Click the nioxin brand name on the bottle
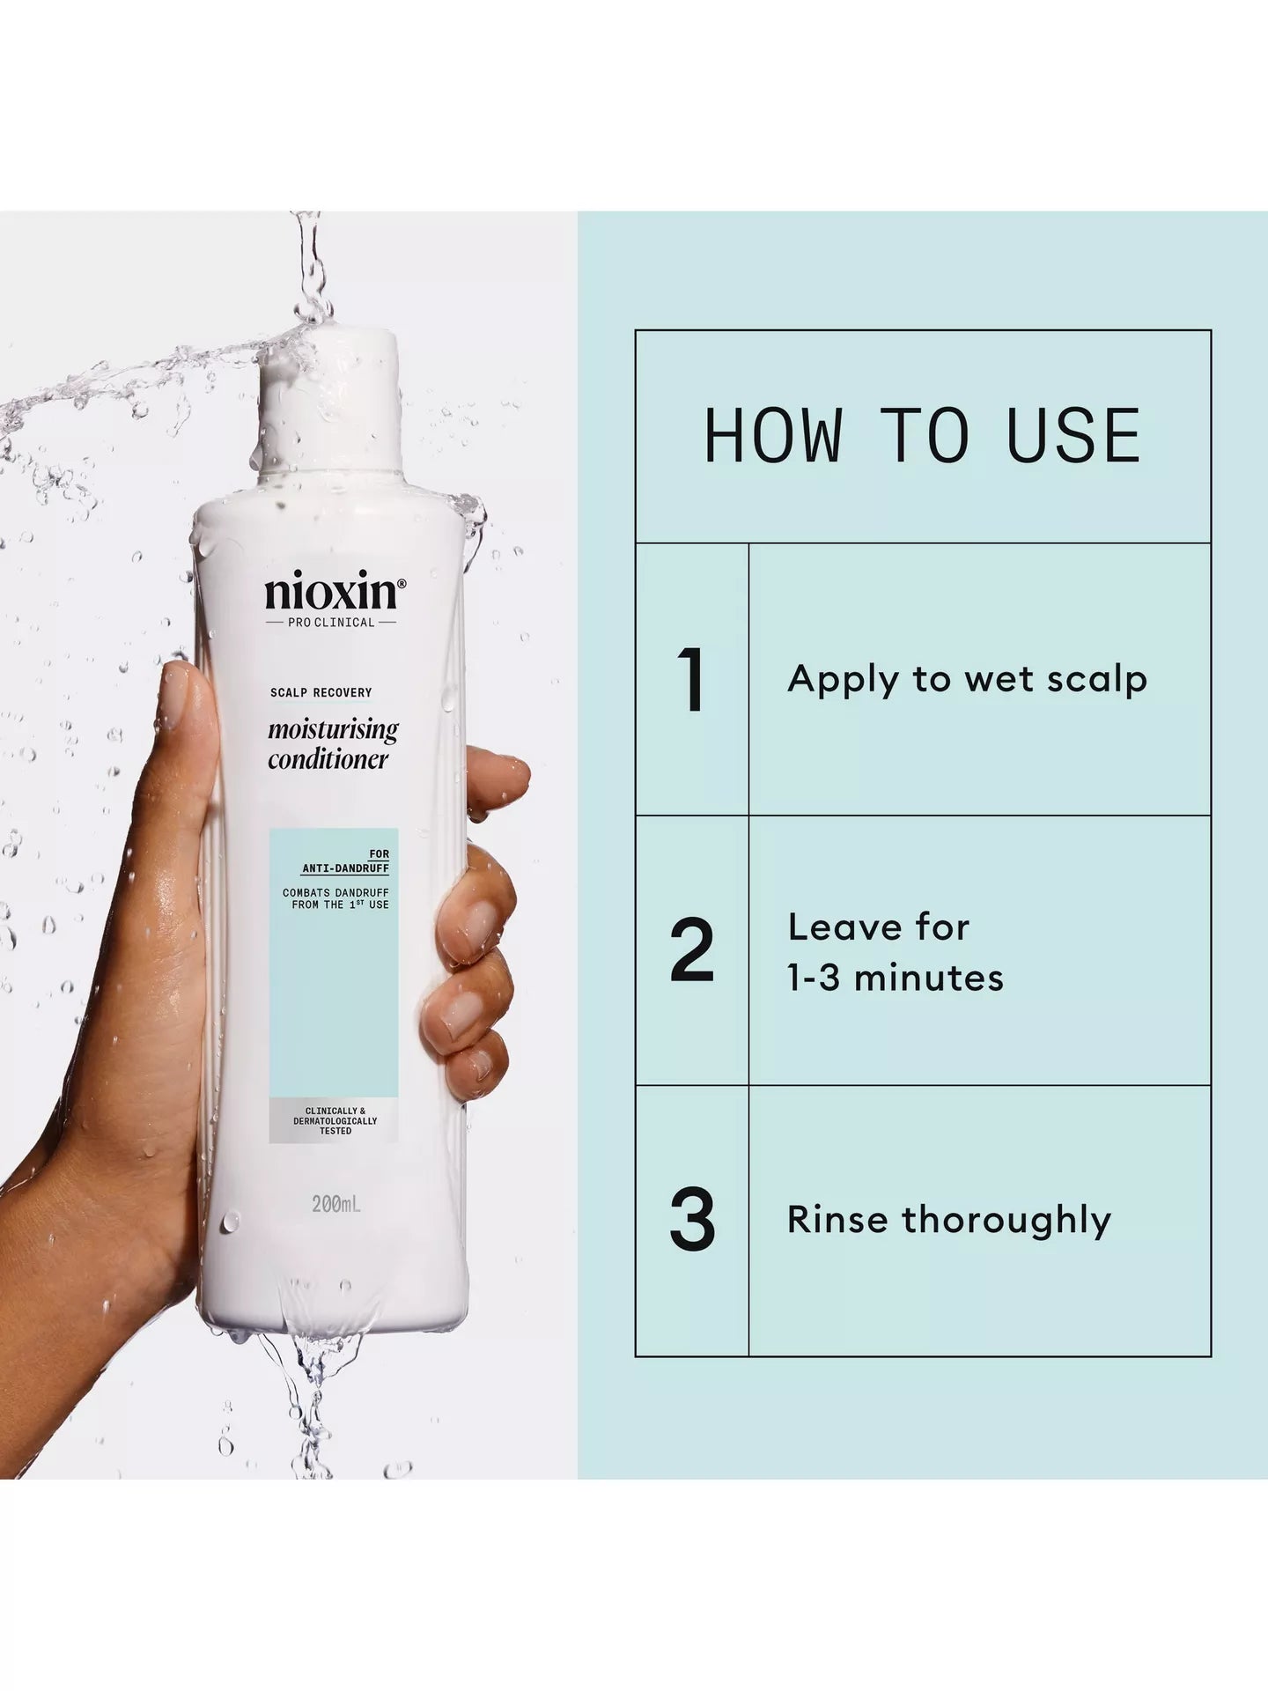tap(330, 594)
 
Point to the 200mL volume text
tap(336, 1203)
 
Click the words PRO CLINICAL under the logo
tap(331, 623)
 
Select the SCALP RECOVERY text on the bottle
tap(321, 692)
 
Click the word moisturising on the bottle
tap(333, 731)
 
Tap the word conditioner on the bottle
tap(328, 759)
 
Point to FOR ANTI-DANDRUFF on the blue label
tap(346, 862)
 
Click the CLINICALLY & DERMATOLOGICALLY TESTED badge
tap(335, 1121)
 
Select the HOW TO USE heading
tap(922, 436)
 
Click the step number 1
tap(692, 680)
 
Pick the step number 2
tap(692, 951)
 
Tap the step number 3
tap(692, 1221)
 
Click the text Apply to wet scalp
tap(967, 680)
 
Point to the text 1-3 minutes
tap(896, 978)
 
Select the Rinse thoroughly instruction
tap(949, 1221)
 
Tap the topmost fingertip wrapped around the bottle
tap(506, 772)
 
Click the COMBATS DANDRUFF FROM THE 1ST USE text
tap(335, 898)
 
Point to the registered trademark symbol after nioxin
tap(402, 583)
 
